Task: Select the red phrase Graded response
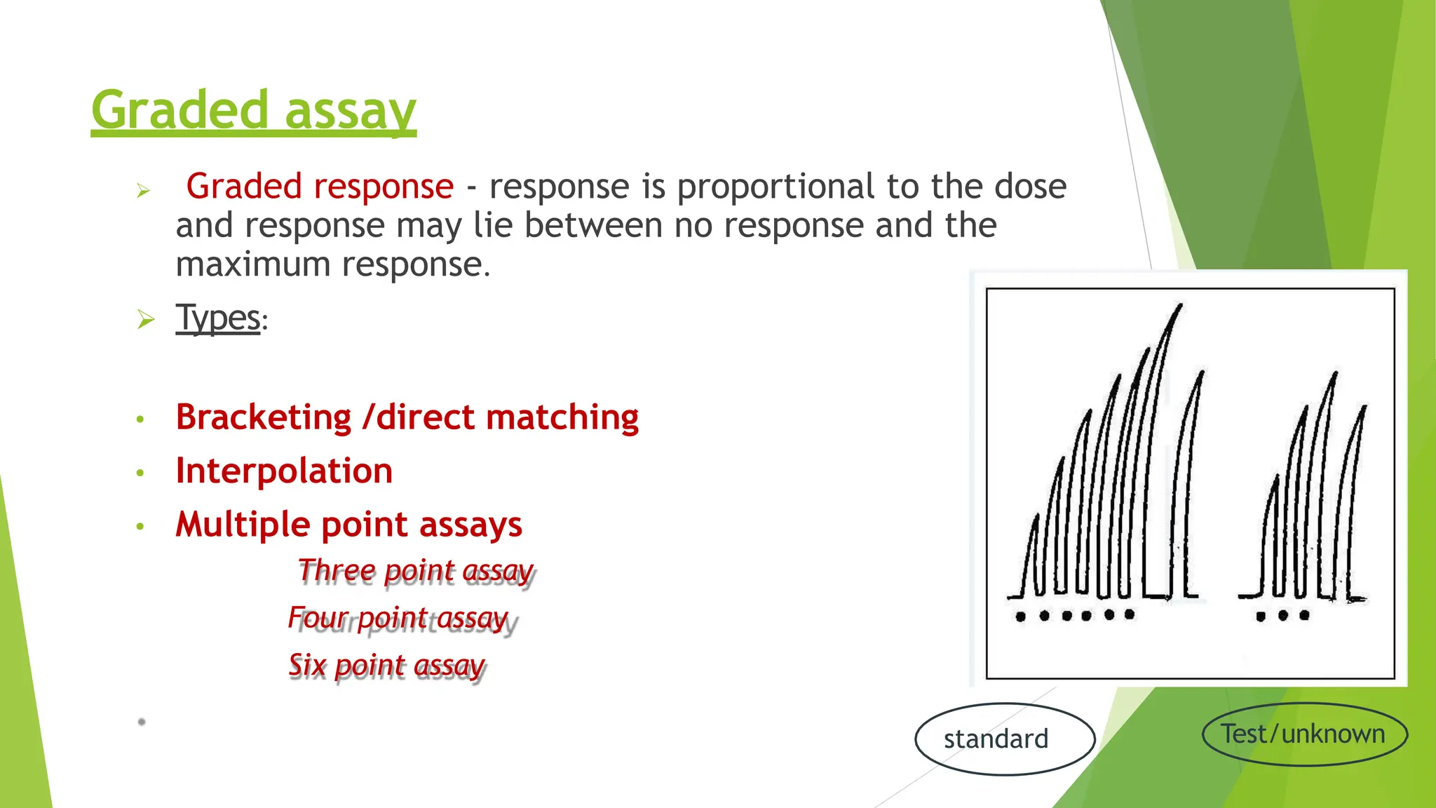click(320, 187)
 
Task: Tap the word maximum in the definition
click(253, 265)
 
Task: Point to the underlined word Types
click(218, 318)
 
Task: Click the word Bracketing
click(264, 417)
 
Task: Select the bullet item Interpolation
click(284, 471)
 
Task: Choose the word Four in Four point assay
click(318, 618)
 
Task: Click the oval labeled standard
click(1005, 739)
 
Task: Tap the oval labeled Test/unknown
click(1304, 734)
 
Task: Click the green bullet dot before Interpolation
click(140, 473)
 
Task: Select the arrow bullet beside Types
click(146, 320)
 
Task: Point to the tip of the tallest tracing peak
click(1181, 305)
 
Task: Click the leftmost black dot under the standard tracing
click(1021, 617)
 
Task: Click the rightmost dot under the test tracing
click(1304, 616)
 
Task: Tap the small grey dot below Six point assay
click(142, 721)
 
